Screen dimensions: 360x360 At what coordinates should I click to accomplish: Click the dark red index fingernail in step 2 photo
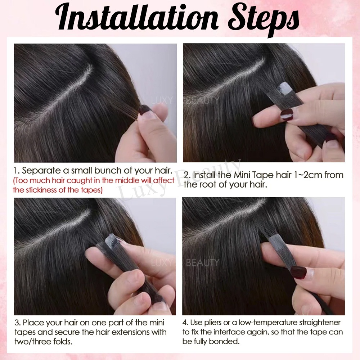point(287,114)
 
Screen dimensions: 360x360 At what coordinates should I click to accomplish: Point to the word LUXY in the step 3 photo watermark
point(160,262)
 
